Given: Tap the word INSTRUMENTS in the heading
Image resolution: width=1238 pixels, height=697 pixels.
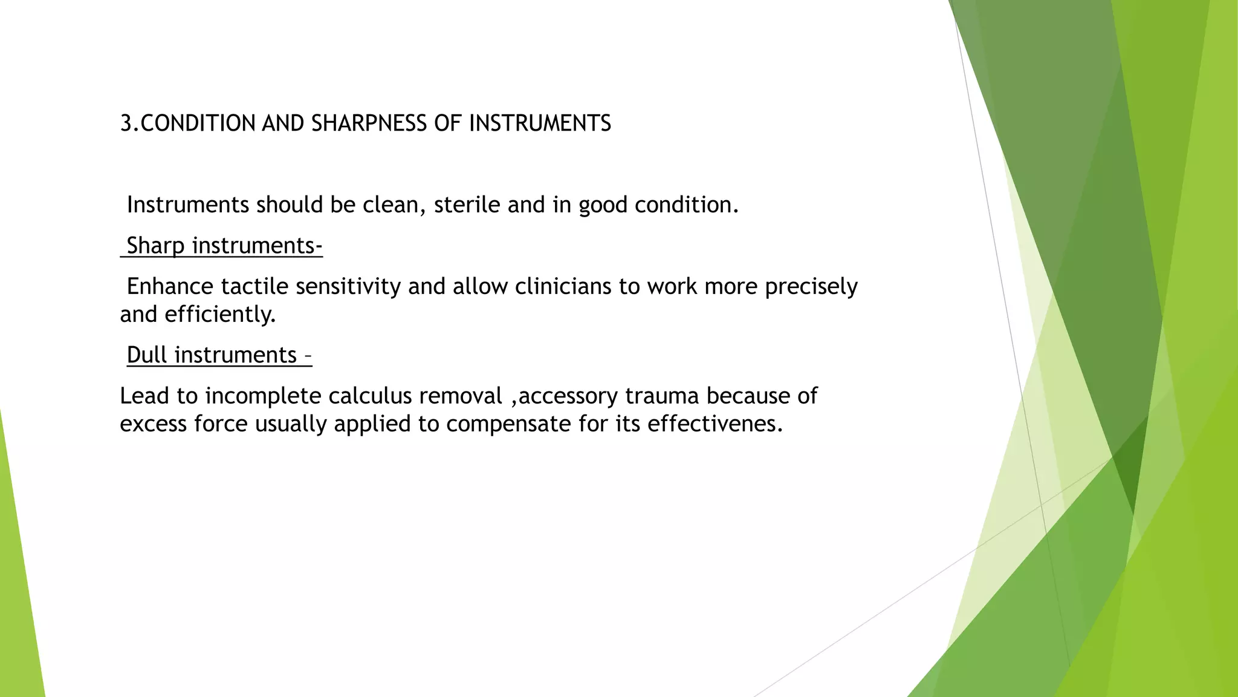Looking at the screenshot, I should click(540, 123).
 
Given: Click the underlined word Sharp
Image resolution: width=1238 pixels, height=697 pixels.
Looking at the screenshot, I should click(155, 246).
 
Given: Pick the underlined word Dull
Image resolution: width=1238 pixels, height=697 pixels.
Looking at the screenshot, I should click(147, 355).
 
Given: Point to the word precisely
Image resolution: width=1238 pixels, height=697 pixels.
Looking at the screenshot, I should click(811, 286).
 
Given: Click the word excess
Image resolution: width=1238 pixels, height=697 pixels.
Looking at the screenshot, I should click(154, 424).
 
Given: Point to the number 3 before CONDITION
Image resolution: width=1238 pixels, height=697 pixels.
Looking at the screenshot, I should click(126, 123).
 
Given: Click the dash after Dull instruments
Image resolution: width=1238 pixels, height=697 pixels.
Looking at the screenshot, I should click(308, 355).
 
